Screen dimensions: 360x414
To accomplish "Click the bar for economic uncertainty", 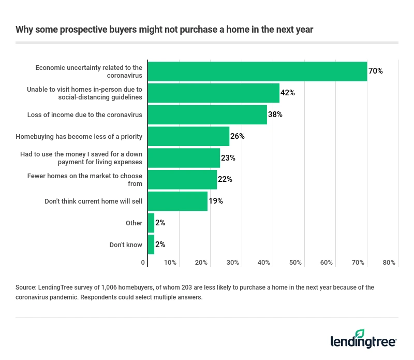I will (257, 71).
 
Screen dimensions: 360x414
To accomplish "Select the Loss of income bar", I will (207, 114).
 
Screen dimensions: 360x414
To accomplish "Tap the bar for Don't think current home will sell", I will (177, 201).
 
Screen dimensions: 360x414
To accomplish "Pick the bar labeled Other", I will (151, 223).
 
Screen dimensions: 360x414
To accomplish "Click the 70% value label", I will (375, 71).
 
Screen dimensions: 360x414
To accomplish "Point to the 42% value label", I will (287, 93).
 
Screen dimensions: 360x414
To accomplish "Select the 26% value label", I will (237, 136).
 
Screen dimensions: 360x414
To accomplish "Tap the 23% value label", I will (228, 158).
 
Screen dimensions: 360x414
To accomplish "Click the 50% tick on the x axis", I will (295, 263).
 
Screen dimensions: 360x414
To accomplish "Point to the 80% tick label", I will (389, 263).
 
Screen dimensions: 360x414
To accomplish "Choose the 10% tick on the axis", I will (170, 263).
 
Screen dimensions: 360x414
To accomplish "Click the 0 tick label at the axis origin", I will (143, 263).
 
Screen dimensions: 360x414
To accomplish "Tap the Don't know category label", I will (126, 244).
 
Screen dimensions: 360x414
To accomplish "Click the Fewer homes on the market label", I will (84, 179).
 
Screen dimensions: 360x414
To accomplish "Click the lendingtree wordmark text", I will (363, 342).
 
